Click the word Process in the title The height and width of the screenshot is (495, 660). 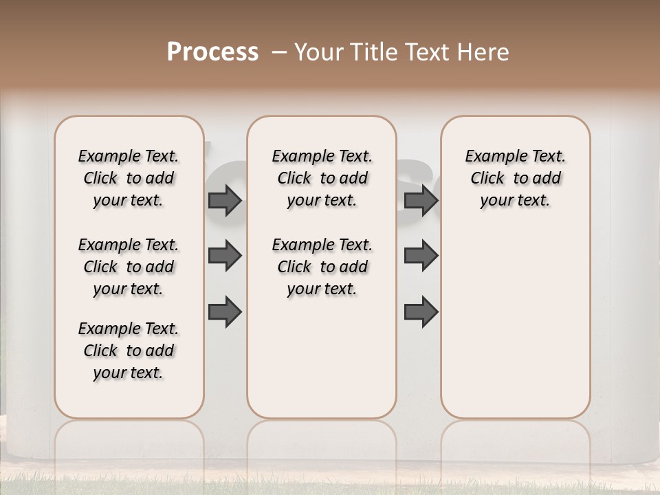point(212,52)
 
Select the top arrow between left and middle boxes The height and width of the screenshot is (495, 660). point(225,201)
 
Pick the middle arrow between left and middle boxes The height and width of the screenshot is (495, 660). point(225,256)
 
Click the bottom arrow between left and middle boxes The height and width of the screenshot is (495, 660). point(225,311)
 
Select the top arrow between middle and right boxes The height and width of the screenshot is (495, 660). point(421,201)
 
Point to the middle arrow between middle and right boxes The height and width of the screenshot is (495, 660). point(421,256)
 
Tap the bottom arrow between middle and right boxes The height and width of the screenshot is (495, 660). point(421,311)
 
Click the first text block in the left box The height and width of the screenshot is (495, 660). point(129,178)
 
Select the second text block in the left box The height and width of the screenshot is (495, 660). point(129,267)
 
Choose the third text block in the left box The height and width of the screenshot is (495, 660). point(129,351)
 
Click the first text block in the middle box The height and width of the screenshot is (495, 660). point(322,178)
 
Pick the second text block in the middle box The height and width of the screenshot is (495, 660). point(322,267)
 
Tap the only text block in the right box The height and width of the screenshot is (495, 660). point(516,178)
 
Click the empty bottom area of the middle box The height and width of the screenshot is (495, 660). point(322,364)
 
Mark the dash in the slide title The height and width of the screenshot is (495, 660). point(279,52)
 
